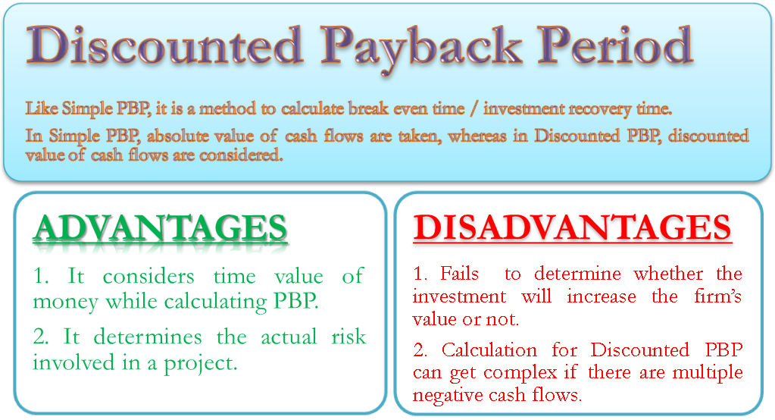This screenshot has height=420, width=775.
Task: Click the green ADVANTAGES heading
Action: (160, 229)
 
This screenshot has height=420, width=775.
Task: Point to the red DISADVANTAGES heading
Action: (572, 228)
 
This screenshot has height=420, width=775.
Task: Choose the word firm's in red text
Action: (714, 296)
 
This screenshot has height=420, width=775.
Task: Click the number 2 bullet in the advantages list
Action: (40, 337)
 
